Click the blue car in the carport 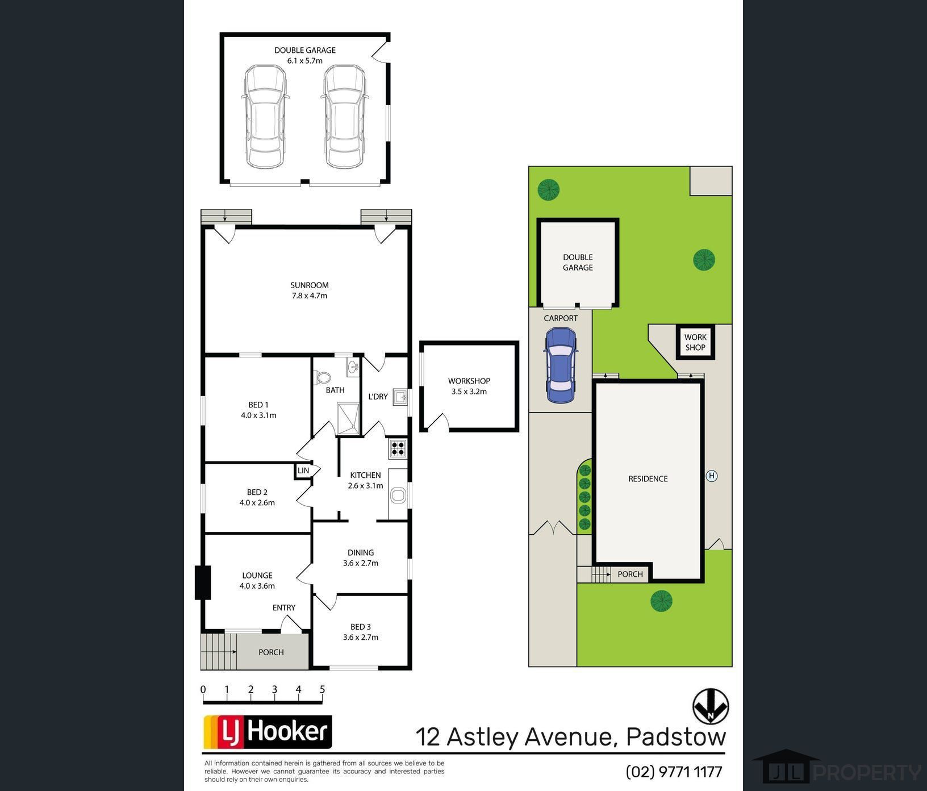click(x=560, y=366)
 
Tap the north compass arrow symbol click(x=711, y=706)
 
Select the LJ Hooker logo click(x=268, y=732)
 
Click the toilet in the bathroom click(x=323, y=377)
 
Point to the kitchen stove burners click(x=398, y=449)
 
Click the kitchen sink click(x=398, y=496)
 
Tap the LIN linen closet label click(x=303, y=471)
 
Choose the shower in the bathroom click(x=348, y=419)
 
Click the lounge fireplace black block click(x=203, y=582)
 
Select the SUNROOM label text click(x=310, y=285)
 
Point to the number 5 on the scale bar click(x=322, y=690)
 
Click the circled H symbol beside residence click(x=711, y=476)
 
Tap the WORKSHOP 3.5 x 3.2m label click(x=469, y=386)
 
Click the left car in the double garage click(x=265, y=116)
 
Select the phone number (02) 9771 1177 click(x=674, y=772)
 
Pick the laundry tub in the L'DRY click(x=400, y=396)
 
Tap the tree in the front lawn click(x=661, y=601)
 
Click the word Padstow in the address click(x=676, y=737)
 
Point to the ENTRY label click(x=284, y=607)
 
